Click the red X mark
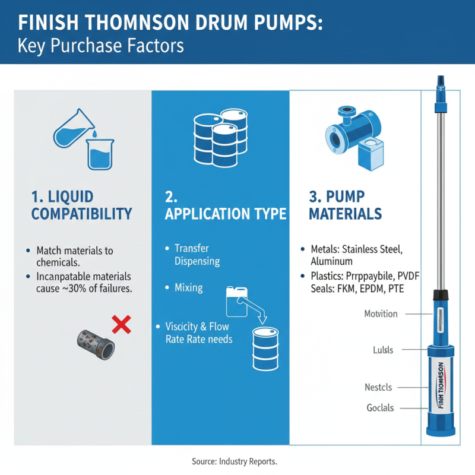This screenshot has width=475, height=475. pyautogui.click(x=121, y=324)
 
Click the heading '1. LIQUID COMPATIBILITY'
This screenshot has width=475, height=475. pyautogui.click(x=81, y=205)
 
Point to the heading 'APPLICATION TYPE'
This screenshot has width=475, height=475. pyautogui.click(x=225, y=214)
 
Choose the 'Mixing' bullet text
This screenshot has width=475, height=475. pyautogui.click(x=188, y=287)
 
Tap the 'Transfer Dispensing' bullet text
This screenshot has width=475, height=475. pyautogui.click(x=197, y=255)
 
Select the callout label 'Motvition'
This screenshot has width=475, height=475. pyautogui.click(x=381, y=313)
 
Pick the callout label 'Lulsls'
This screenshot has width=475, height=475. pyautogui.click(x=379, y=350)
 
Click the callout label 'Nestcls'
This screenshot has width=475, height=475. pyautogui.click(x=378, y=387)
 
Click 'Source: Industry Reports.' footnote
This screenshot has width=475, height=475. pyautogui.click(x=235, y=461)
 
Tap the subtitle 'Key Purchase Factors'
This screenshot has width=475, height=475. pyautogui.click(x=93, y=45)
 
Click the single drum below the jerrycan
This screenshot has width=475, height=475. pyautogui.click(x=265, y=347)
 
